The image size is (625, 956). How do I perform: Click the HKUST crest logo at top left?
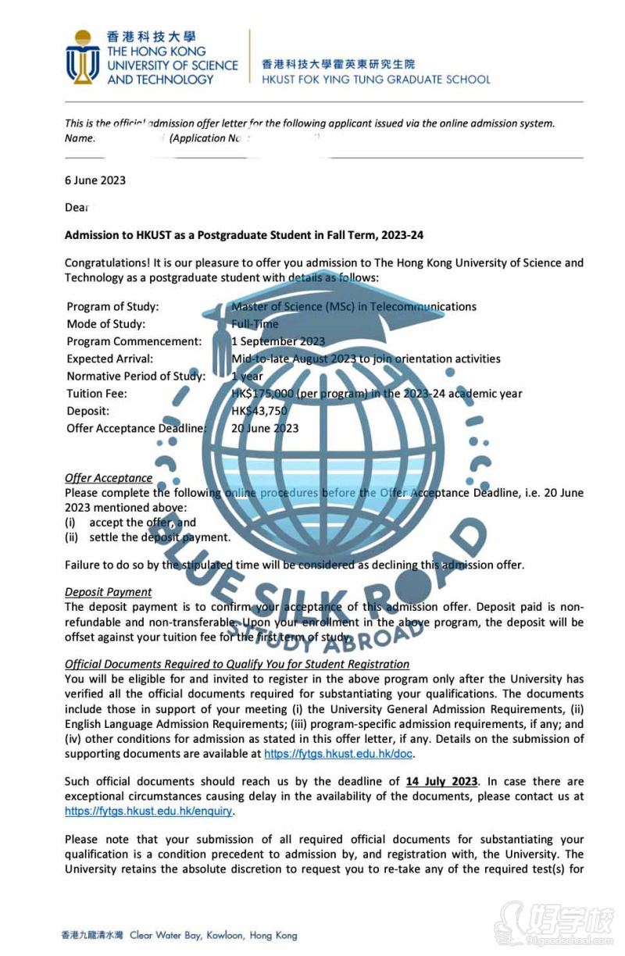coord(83,58)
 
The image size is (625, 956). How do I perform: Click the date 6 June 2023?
coord(95,180)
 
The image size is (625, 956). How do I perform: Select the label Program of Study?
coord(112,307)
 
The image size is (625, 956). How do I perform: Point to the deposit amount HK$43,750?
coord(260,411)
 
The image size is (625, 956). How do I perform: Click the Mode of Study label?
coord(106,324)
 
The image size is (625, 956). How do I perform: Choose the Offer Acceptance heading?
coord(109,478)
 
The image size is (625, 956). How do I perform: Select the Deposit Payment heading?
coord(109,592)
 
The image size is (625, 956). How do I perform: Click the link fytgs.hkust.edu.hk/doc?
coord(338,754)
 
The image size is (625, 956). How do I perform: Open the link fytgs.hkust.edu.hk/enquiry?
coord(148,811)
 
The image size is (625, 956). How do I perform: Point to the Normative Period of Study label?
coord(136,376)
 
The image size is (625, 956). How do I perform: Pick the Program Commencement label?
coord(134,341)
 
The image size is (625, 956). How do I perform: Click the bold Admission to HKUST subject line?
coord(244,235)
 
